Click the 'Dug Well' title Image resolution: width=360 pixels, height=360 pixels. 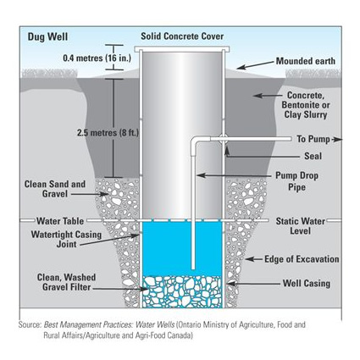(x=47, y=37)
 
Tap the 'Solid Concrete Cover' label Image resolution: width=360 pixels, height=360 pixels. (x=182, y=36)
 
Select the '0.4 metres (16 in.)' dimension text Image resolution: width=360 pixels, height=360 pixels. (x=97, y=58)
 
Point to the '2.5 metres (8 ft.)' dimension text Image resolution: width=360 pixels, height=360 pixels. (x=108, y=133)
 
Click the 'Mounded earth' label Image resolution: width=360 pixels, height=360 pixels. (x=306, y=61)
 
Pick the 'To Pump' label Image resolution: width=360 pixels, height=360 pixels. (x=313, y=139)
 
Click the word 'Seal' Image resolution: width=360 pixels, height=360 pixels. (x=313, y=156)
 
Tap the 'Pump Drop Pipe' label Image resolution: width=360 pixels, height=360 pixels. (x=296, y=181)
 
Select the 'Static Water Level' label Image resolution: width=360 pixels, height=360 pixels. (x=301, y=226)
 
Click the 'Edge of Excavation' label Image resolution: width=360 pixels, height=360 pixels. (x=302, y=259)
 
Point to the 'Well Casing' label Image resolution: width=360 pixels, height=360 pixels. (x=307, y=283)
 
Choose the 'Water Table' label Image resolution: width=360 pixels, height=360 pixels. (x=60, y=221)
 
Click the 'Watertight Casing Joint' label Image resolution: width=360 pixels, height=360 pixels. (x=66, y=239)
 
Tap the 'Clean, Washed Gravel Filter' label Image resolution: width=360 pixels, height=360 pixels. (x=66, y=282)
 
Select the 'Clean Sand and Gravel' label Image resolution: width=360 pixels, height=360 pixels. (x=55, y=189)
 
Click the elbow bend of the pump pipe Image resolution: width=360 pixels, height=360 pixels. (x=195, y=141)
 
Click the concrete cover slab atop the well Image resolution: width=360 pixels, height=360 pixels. (x=182, y=49)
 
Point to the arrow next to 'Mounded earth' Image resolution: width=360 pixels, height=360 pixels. (x=256, y=64)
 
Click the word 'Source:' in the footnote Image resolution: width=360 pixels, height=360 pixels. (x=30, y=324)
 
